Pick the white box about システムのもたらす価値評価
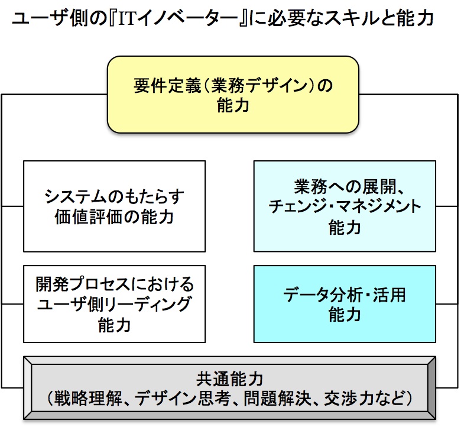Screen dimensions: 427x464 coord(114,206)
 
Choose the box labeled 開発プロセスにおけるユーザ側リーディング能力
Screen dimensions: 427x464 coord(114,303)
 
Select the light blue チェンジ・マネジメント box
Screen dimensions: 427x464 coord(345,206)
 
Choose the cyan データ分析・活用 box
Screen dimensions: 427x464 coord(345,303)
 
